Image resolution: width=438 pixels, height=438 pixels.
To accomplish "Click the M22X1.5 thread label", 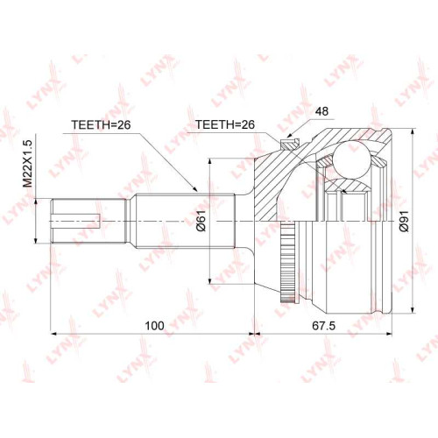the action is coord(27,164).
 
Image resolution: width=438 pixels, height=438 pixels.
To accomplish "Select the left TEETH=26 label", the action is coord(101,125).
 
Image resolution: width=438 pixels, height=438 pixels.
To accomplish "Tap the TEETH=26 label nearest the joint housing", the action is coord(225,124).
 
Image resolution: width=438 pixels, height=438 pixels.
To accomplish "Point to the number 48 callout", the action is coord(321,111).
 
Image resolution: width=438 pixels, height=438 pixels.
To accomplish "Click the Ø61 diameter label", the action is coord(201,221).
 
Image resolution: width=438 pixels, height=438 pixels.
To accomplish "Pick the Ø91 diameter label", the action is coord(405,221).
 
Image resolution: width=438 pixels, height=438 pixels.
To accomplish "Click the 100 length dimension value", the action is coord(154,326).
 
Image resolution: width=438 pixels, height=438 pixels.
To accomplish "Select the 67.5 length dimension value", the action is coord(323,326).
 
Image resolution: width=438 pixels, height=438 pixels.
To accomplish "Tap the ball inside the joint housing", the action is coord(351,159).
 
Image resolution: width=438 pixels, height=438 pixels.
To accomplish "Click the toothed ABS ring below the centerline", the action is coord(288,262).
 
